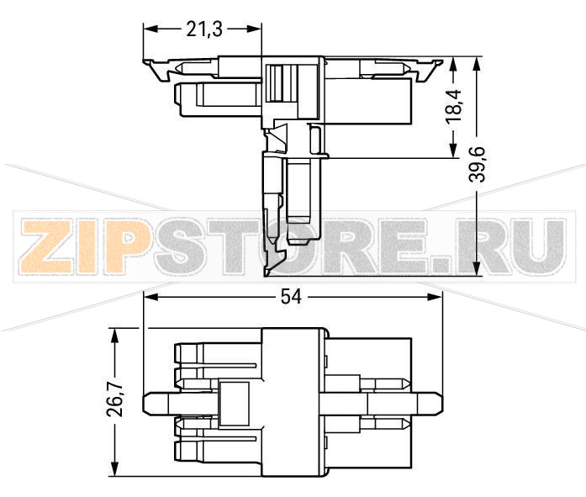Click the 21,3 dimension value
click(203, 29)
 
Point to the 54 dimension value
click(293, 297)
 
